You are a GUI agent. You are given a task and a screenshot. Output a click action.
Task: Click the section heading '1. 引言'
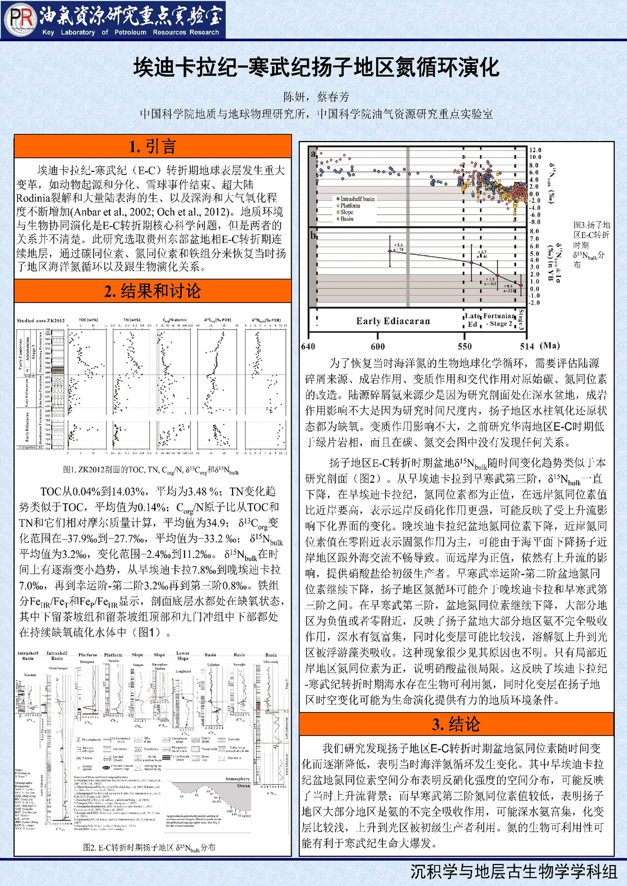pyautogui.click(x=152, y=146)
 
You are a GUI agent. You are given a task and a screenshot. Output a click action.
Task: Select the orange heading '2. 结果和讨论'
pyautogui.click(x=152, y=291)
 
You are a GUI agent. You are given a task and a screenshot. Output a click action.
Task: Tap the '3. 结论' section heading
pyautogui.click(x=456, y=724)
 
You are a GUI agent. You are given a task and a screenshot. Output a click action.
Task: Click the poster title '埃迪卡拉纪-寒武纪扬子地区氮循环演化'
pyautogui.click(x=316, y=67)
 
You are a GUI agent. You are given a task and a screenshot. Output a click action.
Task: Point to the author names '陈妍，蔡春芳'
pyautogui.click(x=316, y=97)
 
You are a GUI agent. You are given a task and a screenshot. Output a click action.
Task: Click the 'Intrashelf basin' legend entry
pyautogui.click(x=357, y=199)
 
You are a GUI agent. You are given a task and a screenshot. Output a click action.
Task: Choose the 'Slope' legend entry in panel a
pyautogui.click(x=346, y=212)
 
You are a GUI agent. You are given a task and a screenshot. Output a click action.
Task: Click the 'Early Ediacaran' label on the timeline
pyautogui.click(x=393, y=321)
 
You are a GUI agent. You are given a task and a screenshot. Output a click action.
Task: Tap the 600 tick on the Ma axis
pyautogui.click(x=378, y=346)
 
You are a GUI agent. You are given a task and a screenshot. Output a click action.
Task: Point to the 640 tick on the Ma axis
pyautogui.click(x=308, y=346)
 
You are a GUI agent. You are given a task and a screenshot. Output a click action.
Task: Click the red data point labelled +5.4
pyautogui.click(x=390, y=251)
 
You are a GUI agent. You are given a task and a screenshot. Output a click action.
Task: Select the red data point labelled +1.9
pyautogui.click(x=497, y=275)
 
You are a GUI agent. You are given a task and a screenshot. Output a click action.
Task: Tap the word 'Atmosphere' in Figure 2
pyautogui.click(x=237, y=778)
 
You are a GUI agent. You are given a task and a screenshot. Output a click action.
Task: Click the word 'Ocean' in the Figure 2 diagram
pyautogui.click(x=243, y=785)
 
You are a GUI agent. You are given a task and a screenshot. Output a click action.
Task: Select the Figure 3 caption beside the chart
pyautogui.click(x=591, y=244)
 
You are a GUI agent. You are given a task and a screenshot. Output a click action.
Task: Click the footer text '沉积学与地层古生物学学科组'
pyautogui.click(x=514, y=872)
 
